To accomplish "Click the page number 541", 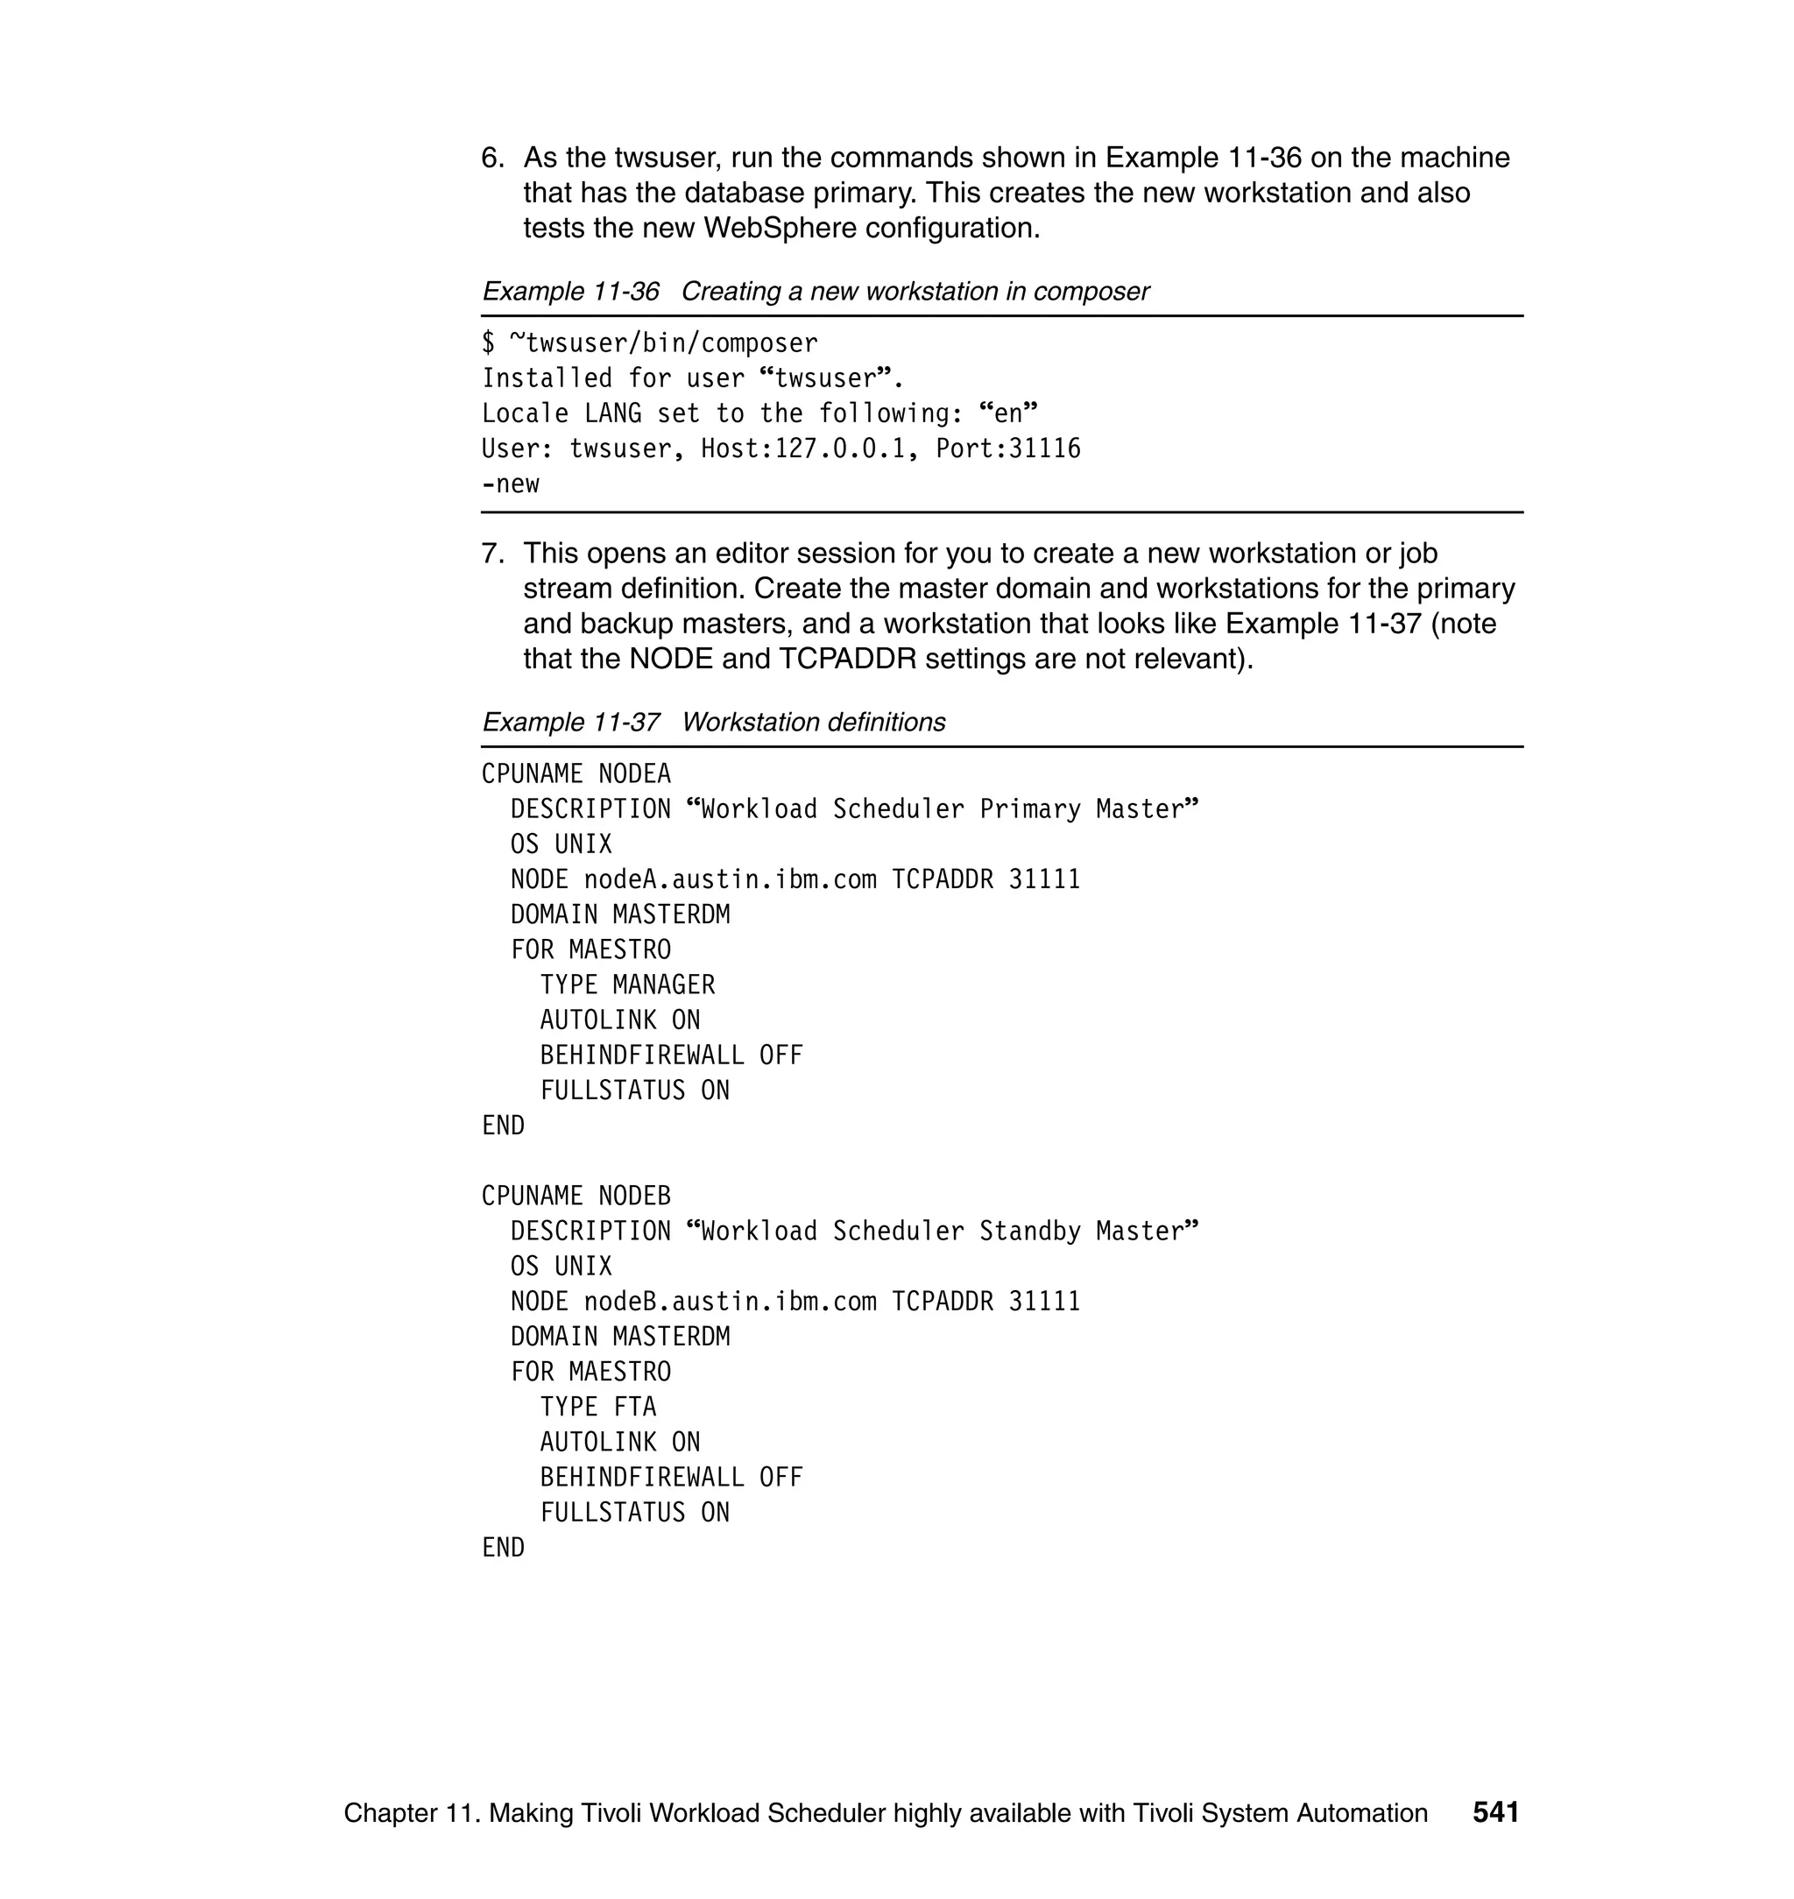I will tap(1494, 1812).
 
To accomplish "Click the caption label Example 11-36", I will tap(570, 292).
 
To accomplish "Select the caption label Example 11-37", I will tap(570, 722).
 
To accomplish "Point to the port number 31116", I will tap(1044, 448).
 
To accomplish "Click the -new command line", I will tap(511, 484).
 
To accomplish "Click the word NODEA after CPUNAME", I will tap(634, 773).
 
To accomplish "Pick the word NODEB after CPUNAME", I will tap(634, 1196).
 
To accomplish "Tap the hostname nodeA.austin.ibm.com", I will tap(730, 879).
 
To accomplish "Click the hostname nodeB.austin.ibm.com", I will tap(730, 1302).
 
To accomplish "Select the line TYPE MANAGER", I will tap(626, 985).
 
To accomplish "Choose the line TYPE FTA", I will tap(597, 1407).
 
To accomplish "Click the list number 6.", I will tap(491, 158).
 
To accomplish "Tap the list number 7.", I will tap(491, 554).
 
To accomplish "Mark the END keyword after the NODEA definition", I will tap(503, 1126).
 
